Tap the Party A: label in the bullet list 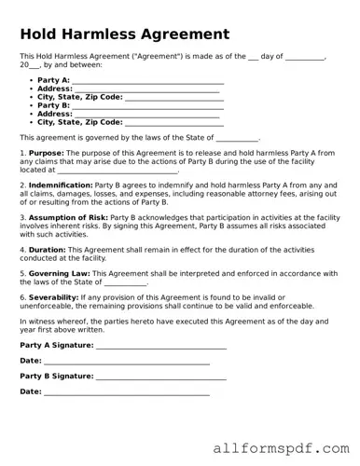tap(53, 80)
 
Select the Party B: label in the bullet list tap(53, 105)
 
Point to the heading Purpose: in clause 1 tap(46, 152)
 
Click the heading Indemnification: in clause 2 tap(60, 185)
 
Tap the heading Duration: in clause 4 tap(47, 249)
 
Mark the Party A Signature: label tap(56, 344)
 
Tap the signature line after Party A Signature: tap(160, 347)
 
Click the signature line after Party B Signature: tap(160, 378)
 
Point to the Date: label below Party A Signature tap(31, 360)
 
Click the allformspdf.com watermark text tap(281, 447)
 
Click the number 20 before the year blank tap(25, 65)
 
